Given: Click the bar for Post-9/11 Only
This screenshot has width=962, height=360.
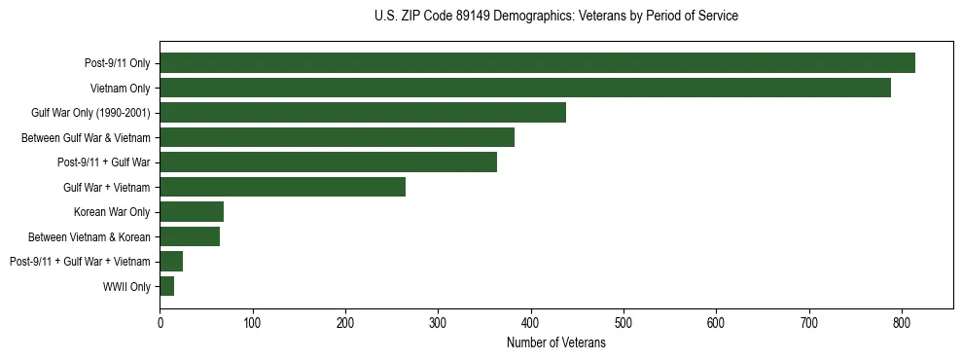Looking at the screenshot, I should pos(537,63).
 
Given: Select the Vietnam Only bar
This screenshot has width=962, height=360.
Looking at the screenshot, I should pos(525,88).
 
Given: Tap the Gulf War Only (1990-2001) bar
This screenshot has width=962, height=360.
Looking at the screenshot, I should pos(363,112).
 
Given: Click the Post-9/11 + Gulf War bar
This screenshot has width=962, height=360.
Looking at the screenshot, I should pos(328,162).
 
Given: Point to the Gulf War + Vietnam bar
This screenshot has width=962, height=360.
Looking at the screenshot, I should pos(282,187).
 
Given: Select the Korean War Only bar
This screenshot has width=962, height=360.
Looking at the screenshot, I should pos(192,211).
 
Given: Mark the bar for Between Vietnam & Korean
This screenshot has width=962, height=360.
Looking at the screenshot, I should pos(190,236).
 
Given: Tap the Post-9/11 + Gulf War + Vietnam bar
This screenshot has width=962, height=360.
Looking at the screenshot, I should pos(171,261).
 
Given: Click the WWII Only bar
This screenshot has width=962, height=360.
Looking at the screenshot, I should pos(166,286).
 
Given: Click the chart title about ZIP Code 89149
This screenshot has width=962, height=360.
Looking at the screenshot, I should pos(555,17).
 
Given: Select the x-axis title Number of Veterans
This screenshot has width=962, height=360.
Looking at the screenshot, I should pos(555,342).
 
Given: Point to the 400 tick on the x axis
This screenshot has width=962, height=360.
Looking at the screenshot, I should pos(531,323).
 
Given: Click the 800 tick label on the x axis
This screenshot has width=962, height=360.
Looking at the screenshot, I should pos(902,323).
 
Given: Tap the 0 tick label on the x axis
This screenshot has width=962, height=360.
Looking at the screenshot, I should pos(160,323).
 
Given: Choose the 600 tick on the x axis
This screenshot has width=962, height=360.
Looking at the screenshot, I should pos(716,323).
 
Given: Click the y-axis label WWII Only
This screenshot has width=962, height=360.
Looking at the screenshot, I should pos(126,287).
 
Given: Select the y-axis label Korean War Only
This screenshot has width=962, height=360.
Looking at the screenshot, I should pos(112,212).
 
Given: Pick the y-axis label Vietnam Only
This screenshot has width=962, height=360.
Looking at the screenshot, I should pos(120,89).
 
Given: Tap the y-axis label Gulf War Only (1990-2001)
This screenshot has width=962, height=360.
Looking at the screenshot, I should pos(90,113).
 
